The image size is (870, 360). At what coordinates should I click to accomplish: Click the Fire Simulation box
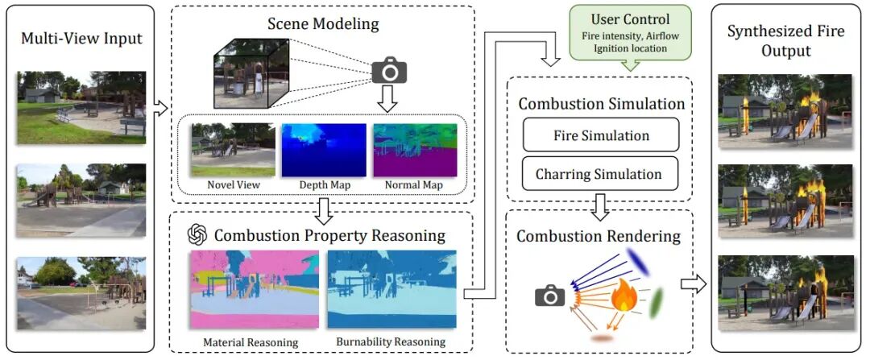pyautogui.click(x=601, y=135)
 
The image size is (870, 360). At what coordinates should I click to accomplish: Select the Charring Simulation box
pyautogui.click(x=601, y=173)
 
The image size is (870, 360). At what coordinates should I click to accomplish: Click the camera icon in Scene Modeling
pyautogui.click(x=390, y=70)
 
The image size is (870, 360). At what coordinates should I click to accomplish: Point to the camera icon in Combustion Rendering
pyautogui.click(x=550, y=296)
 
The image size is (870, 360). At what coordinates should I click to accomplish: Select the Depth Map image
pyautogui.click(x=323, y=150)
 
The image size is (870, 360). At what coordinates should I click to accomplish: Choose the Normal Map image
pyautogui.click(x=413, y=150)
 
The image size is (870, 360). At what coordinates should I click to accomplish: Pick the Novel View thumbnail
pyautogui.click(x=232, y=150)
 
